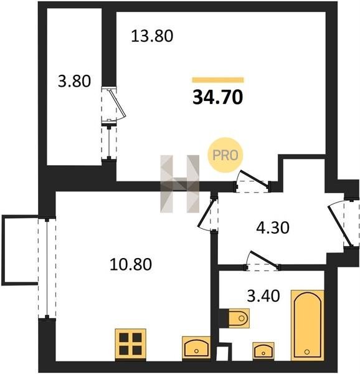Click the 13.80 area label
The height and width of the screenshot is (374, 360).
152,36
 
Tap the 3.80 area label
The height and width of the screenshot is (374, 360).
74,81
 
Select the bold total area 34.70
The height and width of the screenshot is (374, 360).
218,97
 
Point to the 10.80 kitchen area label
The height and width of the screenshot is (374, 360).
131,264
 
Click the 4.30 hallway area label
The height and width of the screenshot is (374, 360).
273,228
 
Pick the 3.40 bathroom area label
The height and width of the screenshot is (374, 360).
263,296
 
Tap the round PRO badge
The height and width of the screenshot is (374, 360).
225,155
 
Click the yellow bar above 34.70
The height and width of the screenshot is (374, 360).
218,80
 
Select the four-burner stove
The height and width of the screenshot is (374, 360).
130,343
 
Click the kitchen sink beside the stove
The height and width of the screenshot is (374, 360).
196,348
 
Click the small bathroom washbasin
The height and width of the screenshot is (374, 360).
263,351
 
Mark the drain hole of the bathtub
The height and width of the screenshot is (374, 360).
307,352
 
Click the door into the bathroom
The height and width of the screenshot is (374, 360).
262,261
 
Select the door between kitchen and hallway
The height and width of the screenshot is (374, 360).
208,214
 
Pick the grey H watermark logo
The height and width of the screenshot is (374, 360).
179,184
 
